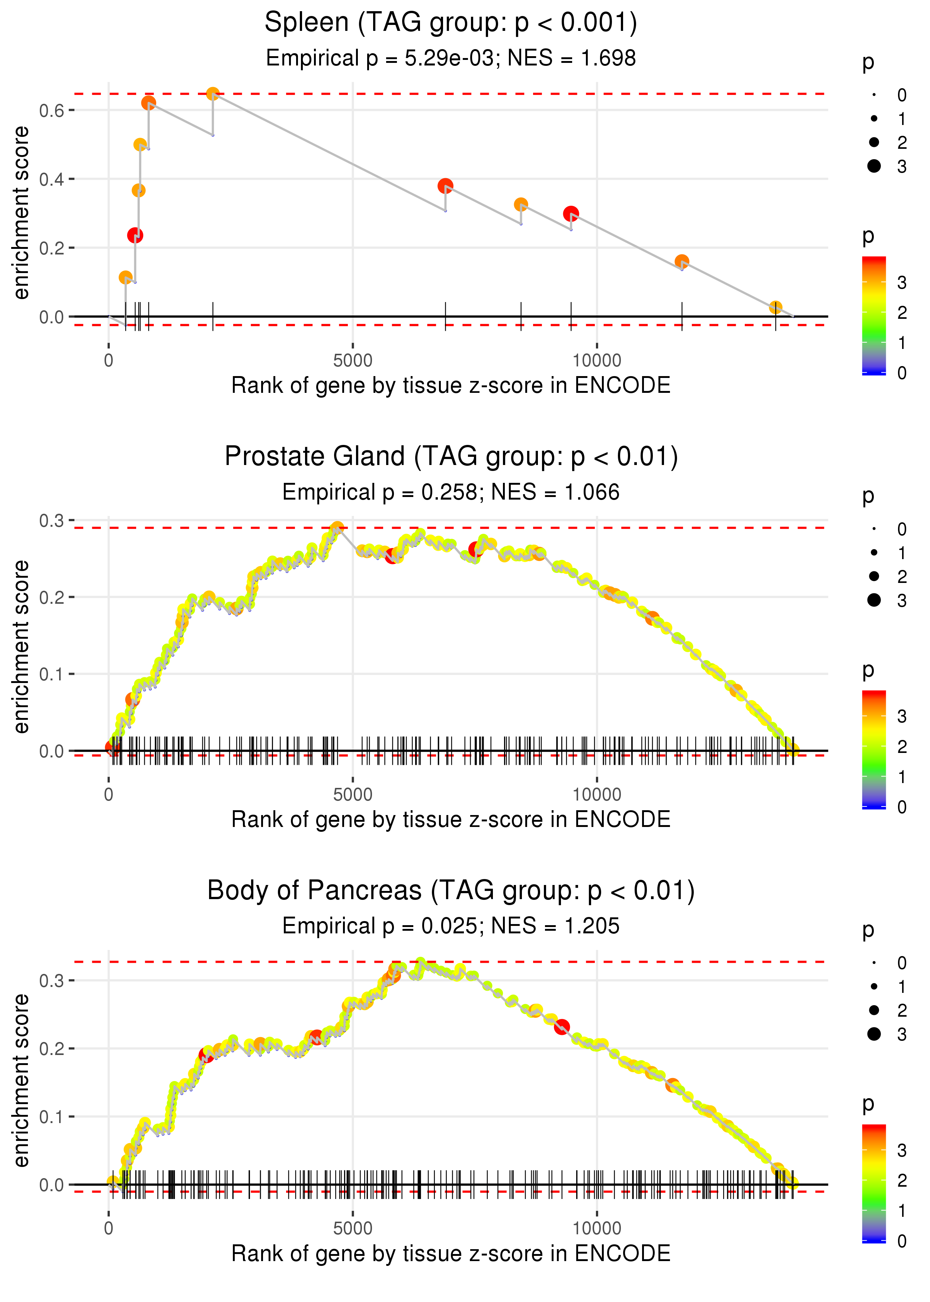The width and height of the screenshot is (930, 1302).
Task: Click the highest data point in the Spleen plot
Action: tap(212, 93)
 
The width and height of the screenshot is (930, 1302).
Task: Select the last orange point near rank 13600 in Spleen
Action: tap(775, 308)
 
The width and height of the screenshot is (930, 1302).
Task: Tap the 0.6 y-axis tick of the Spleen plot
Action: tap(52, 110)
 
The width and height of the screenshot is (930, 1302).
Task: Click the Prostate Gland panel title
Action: tap(451, 457)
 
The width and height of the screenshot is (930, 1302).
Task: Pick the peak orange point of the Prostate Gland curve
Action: tap(337, 527)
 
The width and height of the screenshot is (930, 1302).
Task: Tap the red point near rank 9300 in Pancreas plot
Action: tap(562, 1027)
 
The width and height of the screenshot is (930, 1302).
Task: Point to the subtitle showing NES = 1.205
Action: tap(451, 926)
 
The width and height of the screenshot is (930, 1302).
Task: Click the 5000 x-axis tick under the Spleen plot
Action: tap(353, 361)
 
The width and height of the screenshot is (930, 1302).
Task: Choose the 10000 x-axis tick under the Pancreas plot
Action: tap(597, 1229)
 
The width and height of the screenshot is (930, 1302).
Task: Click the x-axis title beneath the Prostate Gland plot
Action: tap(451, 820)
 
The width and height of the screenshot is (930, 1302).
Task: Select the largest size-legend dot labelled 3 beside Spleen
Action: tap(874, 166)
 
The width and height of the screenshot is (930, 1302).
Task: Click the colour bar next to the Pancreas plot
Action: tap(874, 1182)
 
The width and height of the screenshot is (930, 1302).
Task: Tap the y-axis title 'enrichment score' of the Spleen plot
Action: tap(21, 213)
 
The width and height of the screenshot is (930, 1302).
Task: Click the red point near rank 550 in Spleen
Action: tap(135, 235)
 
